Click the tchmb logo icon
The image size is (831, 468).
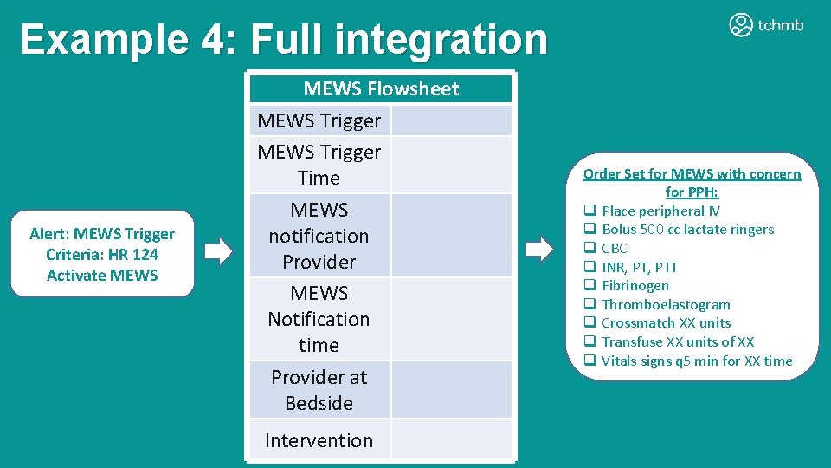[741, 25]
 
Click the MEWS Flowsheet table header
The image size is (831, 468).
[381, 88]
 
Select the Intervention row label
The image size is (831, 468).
[319, 440]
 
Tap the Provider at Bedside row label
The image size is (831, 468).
[319, 390]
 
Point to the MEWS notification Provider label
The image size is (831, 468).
[319, 236]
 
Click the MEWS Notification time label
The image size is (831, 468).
[319, 319]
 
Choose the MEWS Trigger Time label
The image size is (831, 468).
[319, 165]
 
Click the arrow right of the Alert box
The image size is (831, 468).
[219, 252]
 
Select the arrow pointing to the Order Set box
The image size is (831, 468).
[540, 250]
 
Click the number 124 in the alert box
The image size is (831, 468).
[145, 255]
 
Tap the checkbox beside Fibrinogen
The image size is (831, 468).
[589, 286]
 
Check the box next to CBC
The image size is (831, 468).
[589, 249]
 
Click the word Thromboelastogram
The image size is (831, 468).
[666, 304]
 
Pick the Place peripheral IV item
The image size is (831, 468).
[660, 211]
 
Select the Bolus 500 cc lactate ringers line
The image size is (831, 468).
[687, 230]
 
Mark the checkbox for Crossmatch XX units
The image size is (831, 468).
[589, 323]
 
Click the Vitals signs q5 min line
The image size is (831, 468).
[697, 361]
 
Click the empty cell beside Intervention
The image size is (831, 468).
[451, 440]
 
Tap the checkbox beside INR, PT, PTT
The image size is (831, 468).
[589, 267]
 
